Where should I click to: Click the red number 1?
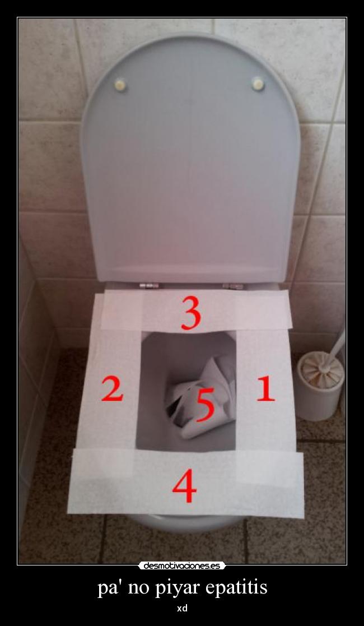pyautogui.click(x=265, y=388)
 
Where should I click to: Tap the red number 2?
pyautogui.click(x=112, y=388)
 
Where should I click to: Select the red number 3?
pyautogui.click(x=190, y=313)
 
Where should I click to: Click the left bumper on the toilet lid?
pyautogui.click(x=120, y=85)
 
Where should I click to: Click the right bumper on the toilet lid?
pyautogui.click(x=258, y=84)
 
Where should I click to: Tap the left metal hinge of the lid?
pyautogui.click(x=149, y=286)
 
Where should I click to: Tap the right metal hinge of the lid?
pyautogui.click(x=232, y=286)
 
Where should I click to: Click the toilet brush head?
pyautogui.click(x=320, y=370)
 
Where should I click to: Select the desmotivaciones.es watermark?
pyautogui.click(x=182, y=565)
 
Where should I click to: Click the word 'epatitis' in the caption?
pyautogui.click(x=236, y=588)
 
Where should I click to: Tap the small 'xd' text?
pyautogui.click(x=182, y=608)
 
